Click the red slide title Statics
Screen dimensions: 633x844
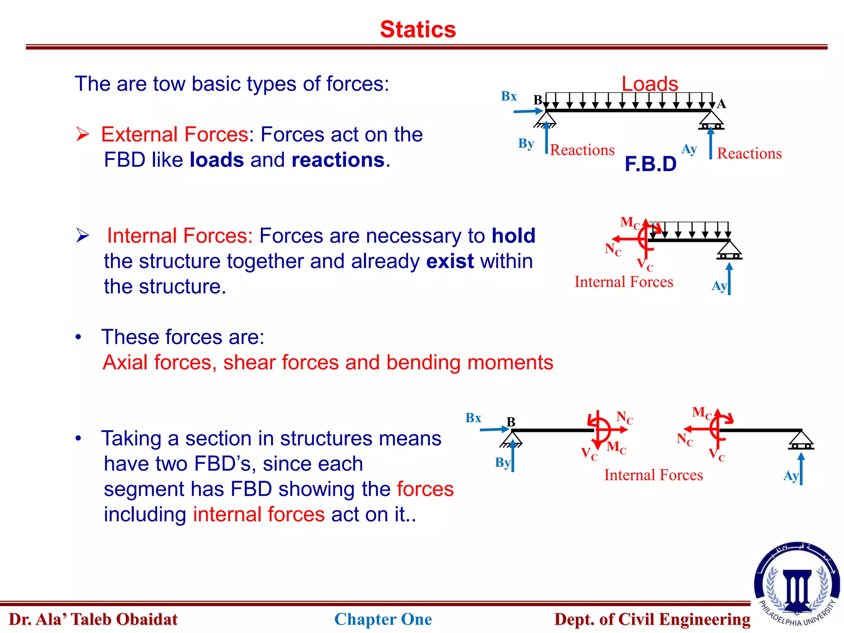click(x=418, y=30)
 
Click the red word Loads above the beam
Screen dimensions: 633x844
click(x=649, y=84)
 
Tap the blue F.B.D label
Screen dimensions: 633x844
click(x=650, y=164)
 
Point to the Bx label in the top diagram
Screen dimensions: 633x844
click(x=509, y=96)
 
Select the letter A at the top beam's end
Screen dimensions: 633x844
click(x=721, y=104)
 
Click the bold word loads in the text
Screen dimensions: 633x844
click(x=217, y=160)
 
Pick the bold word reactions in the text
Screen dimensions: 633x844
click(x=338, y=160)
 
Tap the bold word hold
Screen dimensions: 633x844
click(x=513, y=236)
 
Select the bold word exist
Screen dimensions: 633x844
click(x=450, y=261)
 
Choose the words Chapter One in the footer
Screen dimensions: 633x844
click(x=383, y=619)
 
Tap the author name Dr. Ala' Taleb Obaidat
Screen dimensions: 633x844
click(x=93, y=619)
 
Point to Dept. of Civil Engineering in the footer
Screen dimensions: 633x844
click(x=652, y=619)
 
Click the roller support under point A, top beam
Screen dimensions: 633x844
click(x=711, y=122)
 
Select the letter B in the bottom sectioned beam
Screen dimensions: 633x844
click(x=511, y=422)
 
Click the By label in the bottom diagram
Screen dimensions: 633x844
click(x=502, y=462)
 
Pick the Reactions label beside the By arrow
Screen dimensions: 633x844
click(x=582, y=150)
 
